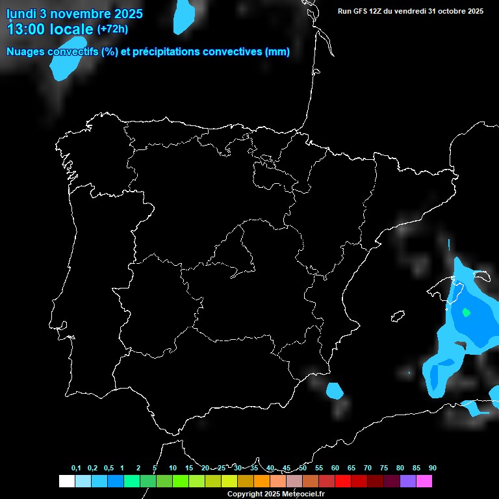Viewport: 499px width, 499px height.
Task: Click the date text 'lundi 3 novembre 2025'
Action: pyautogui.click(x=75, y=14)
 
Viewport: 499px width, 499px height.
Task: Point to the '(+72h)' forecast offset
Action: pyautogui.click(x=112, y=29)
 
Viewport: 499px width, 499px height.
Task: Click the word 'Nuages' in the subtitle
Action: pyautogui.click(x=27, y=52)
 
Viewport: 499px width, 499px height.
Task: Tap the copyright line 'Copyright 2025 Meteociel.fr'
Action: pyautogui.click(x=275, y=494)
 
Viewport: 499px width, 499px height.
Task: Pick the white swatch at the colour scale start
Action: pyautogui.click(x=66, y=481)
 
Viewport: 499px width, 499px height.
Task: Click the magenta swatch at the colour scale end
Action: pyautogui.click(x=424, y=481)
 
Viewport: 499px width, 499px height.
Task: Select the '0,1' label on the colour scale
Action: pyautogui.click(x=76, y=468)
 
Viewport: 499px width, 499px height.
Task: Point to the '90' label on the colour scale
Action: pyautogui.click(x=433, y=468)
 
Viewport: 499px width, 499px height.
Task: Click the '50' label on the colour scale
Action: pyautogui.click(x=303, y=468)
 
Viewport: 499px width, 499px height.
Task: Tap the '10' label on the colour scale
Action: pyautogui.click(x=172, y=468)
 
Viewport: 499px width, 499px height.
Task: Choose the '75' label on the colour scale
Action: pyautogui.click(x=384, y=468)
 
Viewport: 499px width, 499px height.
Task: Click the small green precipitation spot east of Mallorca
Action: pyautogui.click(x=466, y=312)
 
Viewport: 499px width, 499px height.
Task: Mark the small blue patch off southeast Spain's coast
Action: pyautogui.click(x=335, y=391)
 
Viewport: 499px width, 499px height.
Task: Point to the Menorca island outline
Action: pyautogui.click(x=481, y=275)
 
